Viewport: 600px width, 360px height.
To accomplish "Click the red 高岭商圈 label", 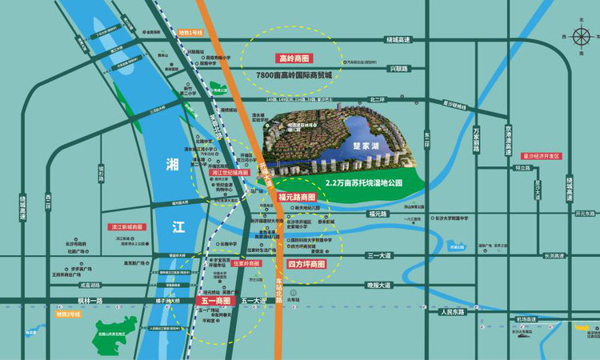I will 294,58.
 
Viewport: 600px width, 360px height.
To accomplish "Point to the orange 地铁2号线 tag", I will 67,314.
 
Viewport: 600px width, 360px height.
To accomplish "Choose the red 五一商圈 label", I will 212,302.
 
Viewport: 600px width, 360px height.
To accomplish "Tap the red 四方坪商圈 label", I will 306,263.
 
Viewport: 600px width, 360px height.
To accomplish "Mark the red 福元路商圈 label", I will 296,197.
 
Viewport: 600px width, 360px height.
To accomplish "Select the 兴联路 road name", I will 398,69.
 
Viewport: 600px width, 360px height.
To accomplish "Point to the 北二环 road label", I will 377,99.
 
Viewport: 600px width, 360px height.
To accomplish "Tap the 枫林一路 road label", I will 90,300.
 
